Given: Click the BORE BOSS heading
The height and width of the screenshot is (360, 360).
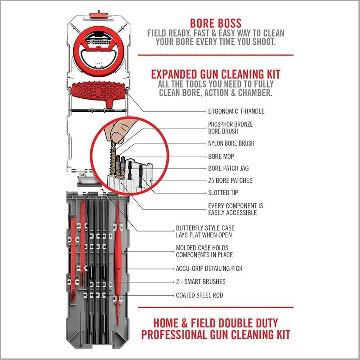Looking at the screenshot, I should coord(216,23).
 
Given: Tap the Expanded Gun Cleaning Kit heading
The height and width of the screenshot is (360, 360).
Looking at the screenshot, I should coord(216,74).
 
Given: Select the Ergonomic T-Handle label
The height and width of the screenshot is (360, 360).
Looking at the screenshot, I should coord(236,111).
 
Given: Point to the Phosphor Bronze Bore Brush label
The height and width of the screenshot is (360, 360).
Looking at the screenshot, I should coord(230,127).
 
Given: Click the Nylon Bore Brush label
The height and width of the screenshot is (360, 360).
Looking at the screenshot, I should coord(231,143).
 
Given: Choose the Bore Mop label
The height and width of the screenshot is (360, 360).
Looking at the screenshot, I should coord(221,156).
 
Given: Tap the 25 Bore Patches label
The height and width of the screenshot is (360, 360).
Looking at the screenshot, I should coord(230,180).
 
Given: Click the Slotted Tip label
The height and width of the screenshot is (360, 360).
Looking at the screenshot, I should coord(226,192).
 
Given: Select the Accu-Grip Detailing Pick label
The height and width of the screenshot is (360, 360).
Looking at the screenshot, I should coord(209,268).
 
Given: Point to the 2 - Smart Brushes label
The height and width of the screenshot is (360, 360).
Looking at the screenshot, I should coord(200,282).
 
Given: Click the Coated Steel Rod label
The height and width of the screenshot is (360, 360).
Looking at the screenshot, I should coord(199,295).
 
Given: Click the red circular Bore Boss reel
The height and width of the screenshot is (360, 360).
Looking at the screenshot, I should coord(100,50).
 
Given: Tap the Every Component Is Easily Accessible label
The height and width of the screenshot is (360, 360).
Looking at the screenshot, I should coord(235,209).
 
